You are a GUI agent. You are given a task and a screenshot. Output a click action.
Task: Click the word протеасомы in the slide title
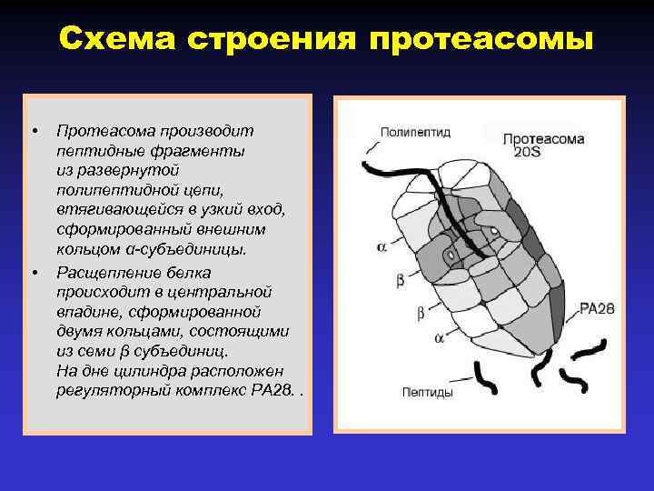[x=482, y=41]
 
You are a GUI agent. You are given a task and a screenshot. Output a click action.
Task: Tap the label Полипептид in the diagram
[x=414, y=131]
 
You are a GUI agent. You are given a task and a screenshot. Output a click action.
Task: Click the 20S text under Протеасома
[x=527, y=152]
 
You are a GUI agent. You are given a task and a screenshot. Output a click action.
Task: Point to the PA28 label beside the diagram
[x=597, y=308]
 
